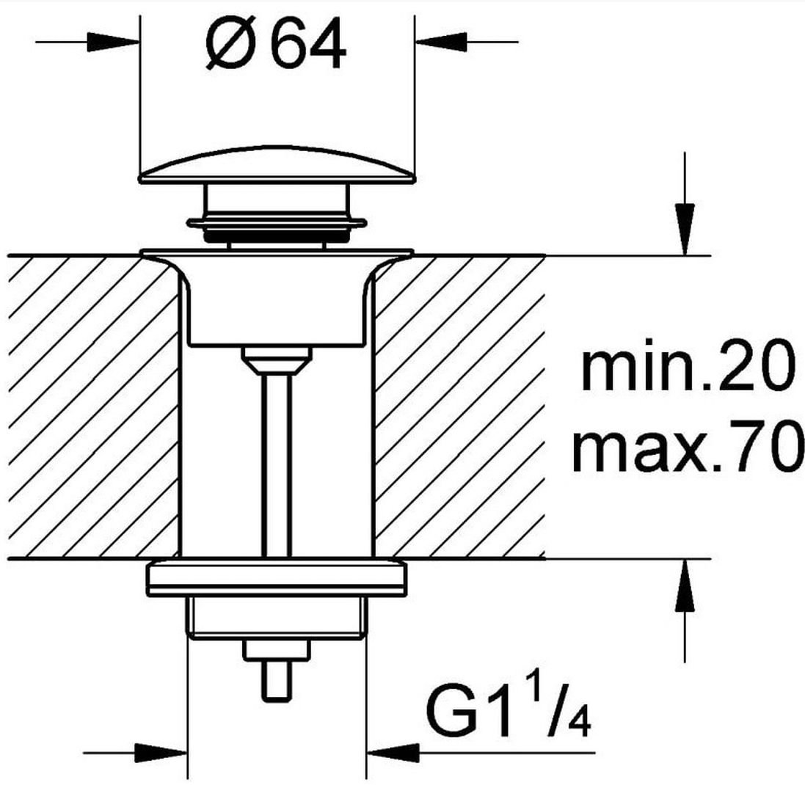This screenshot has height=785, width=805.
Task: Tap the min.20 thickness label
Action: (685, 365)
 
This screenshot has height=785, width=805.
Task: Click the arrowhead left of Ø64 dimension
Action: (113, 42)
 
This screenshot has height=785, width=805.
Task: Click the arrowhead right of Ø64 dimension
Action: (441, 42)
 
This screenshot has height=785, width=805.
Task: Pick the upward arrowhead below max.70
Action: (685, 585)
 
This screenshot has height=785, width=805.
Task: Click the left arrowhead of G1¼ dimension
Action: (160, 753)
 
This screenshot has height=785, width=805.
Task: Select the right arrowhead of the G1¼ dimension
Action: (393, 753)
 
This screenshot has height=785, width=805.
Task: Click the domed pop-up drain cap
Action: (277, 165)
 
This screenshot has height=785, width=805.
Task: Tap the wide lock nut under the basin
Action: (277, 579)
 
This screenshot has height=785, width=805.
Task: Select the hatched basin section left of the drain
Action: (93, 406)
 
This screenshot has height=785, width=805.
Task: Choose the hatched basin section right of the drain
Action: (459, 406)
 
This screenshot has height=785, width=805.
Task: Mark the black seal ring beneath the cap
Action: (277, 236)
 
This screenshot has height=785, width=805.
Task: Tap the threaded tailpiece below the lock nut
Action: (277, 618)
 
